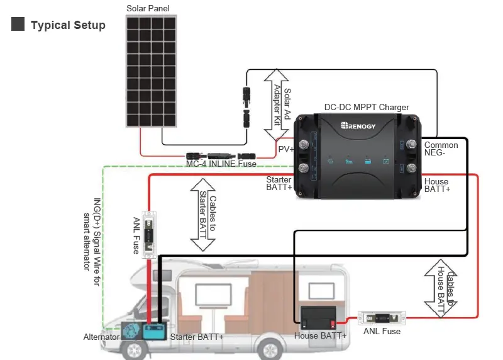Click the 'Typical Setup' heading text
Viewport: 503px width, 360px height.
pos(68,25)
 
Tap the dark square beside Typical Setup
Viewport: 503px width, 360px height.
pos(18,25)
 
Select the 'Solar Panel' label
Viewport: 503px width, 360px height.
pos(148,8)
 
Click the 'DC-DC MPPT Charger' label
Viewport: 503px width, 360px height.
pos(366,108)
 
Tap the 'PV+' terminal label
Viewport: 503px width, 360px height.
pos(286,149)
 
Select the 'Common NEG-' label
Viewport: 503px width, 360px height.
pos(441,149)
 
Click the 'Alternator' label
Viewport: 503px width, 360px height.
pos(101,337)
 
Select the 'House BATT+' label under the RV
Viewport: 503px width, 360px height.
pos(320,336)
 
